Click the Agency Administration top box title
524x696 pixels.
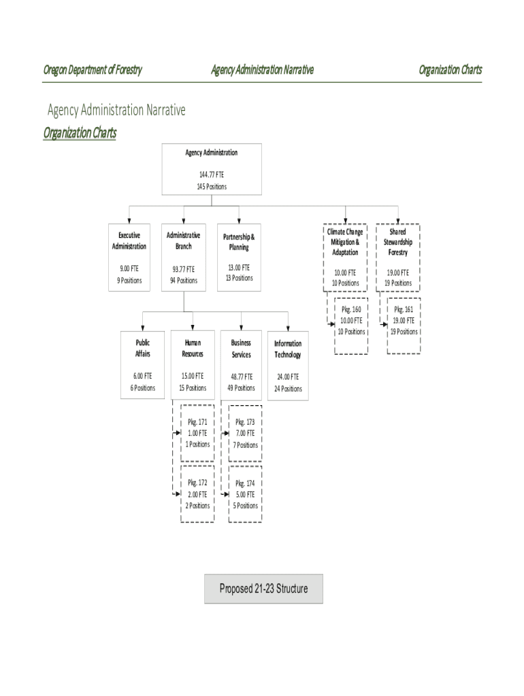211,153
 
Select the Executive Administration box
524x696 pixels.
129,258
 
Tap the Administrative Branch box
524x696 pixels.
183,258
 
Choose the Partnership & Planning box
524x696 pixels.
239,258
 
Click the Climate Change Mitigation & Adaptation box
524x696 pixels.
345,258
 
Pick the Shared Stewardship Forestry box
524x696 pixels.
398,258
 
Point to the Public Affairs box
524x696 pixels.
142,366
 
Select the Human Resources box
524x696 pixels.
193,366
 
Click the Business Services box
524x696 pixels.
242,366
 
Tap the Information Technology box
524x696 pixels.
288,366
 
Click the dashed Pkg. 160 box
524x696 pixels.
351,326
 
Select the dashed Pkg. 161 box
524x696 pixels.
404,326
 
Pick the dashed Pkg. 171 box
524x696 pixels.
198,433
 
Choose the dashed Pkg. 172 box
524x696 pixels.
198,494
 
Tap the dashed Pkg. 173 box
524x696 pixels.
246,433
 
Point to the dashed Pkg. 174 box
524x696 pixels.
246,494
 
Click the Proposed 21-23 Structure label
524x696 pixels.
263,589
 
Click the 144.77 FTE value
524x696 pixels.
211,175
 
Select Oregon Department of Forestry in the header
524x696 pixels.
93,69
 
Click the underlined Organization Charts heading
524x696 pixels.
80,133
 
